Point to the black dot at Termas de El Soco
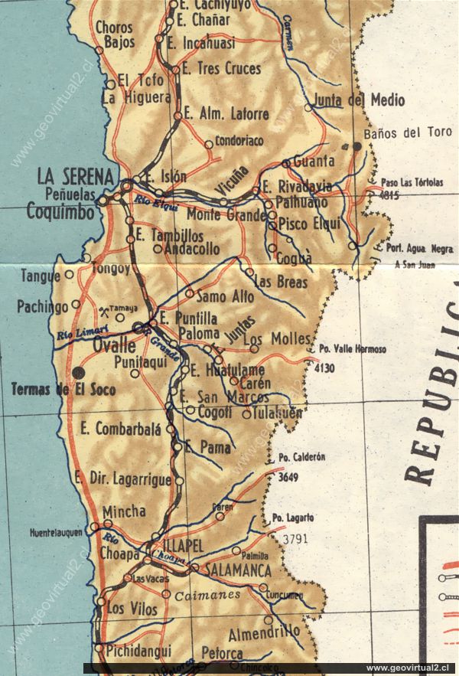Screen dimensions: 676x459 tap(79, 372)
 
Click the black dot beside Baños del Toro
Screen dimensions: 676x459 tap(356, 144)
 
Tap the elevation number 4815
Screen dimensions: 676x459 tap(389, 194)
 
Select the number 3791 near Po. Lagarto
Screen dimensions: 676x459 tap(295, 538)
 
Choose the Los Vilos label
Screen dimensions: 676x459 tap(132, 609)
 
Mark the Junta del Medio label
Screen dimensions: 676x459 tap(359, 100)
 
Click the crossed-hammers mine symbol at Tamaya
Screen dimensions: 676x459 tap(104, 310)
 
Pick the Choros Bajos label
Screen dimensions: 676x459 tap(114, 34)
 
